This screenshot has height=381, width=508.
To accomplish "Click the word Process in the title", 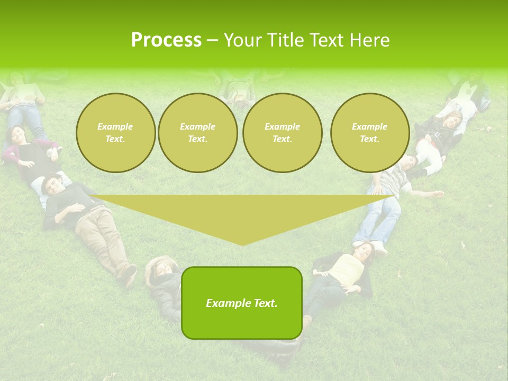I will pyautogui.click(x=166, y=40).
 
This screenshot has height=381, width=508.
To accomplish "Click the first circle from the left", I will pyautogui.click(x=115, y=133).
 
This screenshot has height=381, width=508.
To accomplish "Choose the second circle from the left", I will pyautogui.click(x=197, y=133).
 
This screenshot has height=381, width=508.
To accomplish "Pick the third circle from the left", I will pyautogui.click(x=282, y=133).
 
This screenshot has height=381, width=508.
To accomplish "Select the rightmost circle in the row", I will pyautogui.click(x=369, y=133).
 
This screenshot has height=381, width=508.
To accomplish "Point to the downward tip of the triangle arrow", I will pyautogui.click(x=242, y=244).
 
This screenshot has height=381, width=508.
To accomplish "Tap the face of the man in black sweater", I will pyautogui.click(x=51, y=185).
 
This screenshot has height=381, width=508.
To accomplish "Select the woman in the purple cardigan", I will pyautogui.click(x=26, y=153).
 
